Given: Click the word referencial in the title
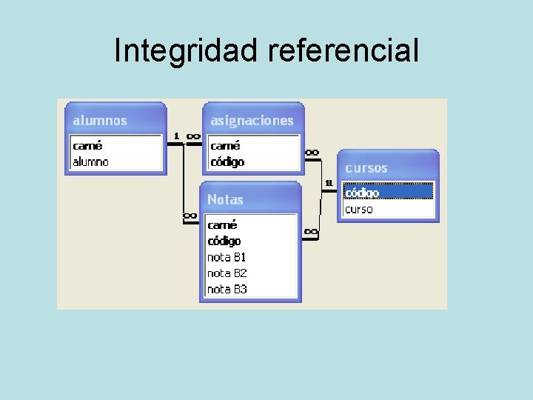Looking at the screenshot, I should pyautogui.click(x=344, y=51).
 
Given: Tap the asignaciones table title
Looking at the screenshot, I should pyautogui.click(x=252, y=120).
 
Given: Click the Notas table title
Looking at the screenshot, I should pyautogui.click(x=225, y=199).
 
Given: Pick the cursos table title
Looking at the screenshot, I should pyautogui.click(x=366, y=168).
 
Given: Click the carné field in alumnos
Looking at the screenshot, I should pyautogui.click(x=88, y=145).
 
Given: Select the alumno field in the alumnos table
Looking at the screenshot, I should pyautogui.click(x=91, y=161).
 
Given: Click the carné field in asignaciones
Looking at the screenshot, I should pyautogui.click(x=225, y=145).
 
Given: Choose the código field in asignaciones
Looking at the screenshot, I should pyautogui.click(x=227, y=161).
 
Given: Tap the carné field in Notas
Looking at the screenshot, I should pyautogui.click(x=223, y=224).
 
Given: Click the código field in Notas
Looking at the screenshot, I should pyautogui.click(x=224, y=241).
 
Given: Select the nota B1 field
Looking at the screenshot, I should pyautogui.click(x=227, y=257).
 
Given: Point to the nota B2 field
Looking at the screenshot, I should pyautogui.click(x=227, y=273).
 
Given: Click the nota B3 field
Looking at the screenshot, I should pyautogui.click(x=227, y=290).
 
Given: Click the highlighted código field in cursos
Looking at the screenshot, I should pyautogui.click(x=363, y=193).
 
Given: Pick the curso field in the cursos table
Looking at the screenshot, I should pyautogui.click(x=360, y=209).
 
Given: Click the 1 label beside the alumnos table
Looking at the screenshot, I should pyautogui.click(x=176, y=136).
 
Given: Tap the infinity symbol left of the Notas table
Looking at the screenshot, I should pyautogui.click(x=190, y=216).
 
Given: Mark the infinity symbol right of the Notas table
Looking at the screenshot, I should pyautogui.click(x=311, y=232).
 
